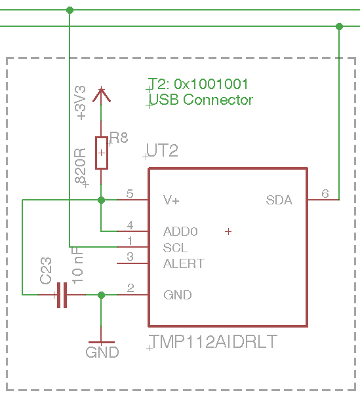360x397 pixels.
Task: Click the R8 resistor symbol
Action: tap(102, 153)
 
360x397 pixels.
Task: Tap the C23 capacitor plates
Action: tap(62, 295)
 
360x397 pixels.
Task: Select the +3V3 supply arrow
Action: tap(102, 95)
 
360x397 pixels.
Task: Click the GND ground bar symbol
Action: tap(102, 343)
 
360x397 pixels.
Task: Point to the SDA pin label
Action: tap(279, 200)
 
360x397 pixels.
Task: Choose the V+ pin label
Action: tap(172, 200)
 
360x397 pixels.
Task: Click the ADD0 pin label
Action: tap(180, 231)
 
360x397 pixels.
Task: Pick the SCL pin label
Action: tap(175, 248)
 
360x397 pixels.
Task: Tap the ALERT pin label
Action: tap(184, 263)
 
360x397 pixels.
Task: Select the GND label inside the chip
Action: tap(178, 295)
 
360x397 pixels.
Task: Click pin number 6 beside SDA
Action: tap(325, 194)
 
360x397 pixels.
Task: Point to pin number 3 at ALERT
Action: tap(130, 257)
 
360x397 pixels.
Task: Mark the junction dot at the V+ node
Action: tap(102, 200)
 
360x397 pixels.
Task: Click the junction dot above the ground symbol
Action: tap(102, 295)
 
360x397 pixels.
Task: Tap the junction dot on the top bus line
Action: tap(70, 10)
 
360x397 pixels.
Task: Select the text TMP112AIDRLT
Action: tap(213, 341)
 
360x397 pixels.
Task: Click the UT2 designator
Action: tap(163, 151)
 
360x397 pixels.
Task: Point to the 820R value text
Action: tap(80, 166)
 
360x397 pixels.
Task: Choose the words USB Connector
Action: tap(201, 100)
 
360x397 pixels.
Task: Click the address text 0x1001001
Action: tap(210, 84)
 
